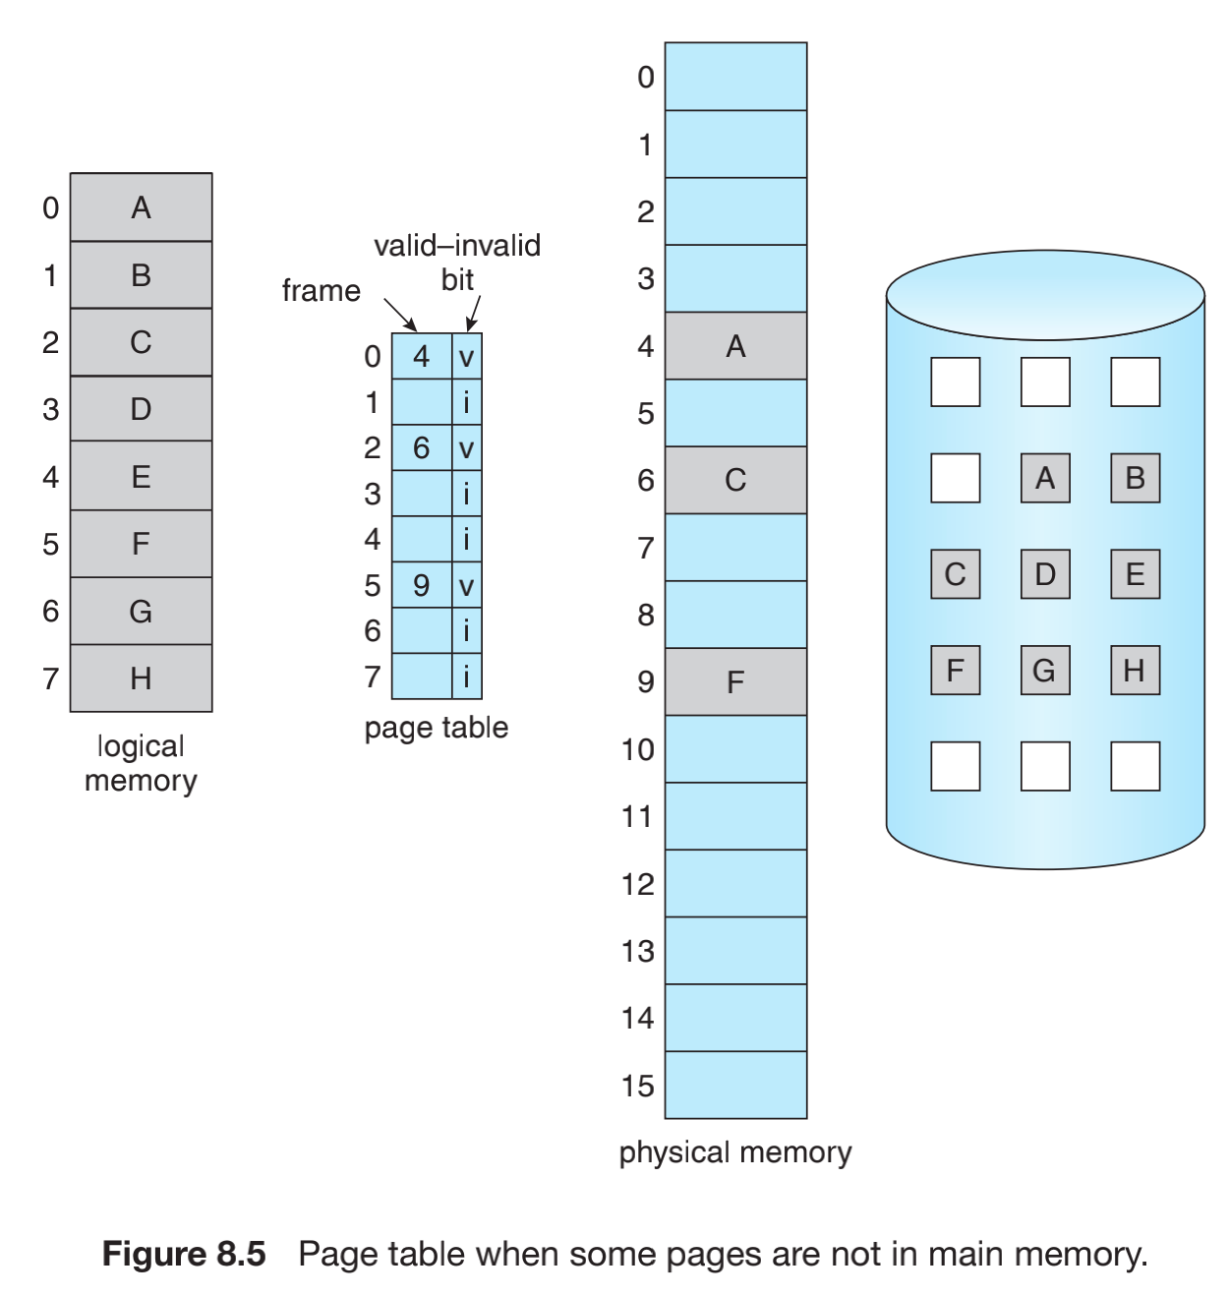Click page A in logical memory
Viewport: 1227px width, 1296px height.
coord(141,207)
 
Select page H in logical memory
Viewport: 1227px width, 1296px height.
coord(141,678)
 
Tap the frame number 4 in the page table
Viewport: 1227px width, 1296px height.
coord(422,356)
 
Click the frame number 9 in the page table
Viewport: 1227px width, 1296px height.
coord(422,586)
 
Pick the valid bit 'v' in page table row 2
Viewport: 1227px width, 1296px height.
coord(467,449)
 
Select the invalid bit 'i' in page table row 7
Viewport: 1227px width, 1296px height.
coord(467,677)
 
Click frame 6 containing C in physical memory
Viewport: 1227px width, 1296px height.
coord(735,480)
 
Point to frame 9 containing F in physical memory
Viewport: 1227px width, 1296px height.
coord(735,681)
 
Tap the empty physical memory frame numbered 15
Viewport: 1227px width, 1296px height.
coord(735,1085)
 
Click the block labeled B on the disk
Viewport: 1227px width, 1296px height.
coord(1135,478)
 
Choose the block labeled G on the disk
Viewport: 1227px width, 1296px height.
coord(1044,671)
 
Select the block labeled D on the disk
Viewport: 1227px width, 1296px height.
coord(1044,574)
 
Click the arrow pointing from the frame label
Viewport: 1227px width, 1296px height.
coord(400,315)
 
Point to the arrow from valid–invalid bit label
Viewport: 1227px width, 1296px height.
coord(473,314)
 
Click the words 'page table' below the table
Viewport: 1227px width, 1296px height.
coord(437,728)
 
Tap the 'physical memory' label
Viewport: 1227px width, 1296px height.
coord(735,1152)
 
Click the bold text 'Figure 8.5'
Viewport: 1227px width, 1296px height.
coord(184,1255)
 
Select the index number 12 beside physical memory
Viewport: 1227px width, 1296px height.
coord(637,884)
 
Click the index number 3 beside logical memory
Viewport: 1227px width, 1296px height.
coord(51,409)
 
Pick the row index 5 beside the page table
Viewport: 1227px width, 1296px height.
coord(373,586)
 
